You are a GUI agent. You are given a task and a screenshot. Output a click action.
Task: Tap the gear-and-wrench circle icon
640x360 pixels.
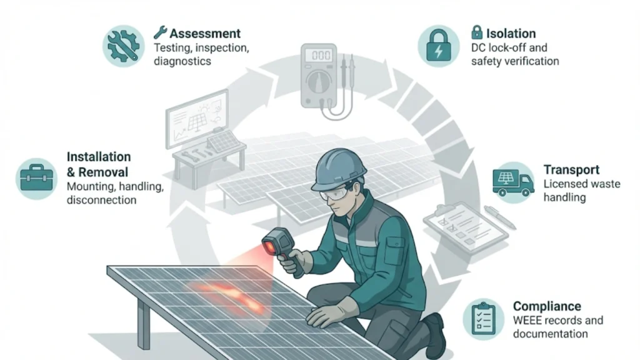click(x=122, y=46)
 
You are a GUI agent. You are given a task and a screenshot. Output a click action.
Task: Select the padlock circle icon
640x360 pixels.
click(x=438, y=46)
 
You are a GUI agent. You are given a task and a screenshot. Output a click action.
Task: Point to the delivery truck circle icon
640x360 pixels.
click(x=513, y=182)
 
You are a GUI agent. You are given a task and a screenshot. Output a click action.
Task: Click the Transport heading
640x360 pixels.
click(x=571, y=170)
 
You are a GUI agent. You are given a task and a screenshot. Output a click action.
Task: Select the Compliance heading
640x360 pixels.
click(x=547, y=306)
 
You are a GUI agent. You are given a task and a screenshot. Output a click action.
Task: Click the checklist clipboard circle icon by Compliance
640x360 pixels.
click(x=483, y=319)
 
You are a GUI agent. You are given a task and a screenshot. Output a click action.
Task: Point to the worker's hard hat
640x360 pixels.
click(x=338, y=167)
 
